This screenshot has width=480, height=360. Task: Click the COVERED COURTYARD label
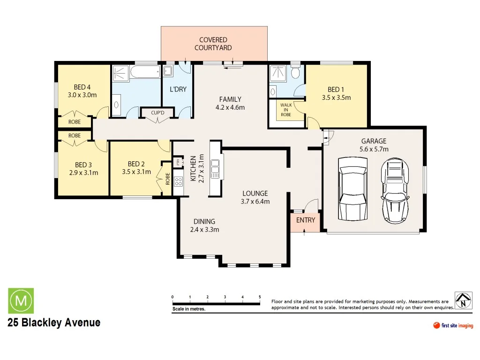point(213,44)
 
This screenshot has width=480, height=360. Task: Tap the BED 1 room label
point(336,90)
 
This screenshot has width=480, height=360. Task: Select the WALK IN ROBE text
point(286,110)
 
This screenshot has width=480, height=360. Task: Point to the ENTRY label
point(306,220)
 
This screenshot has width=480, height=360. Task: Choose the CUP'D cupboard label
point(158,113)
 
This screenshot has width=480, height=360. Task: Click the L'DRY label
point(178,89)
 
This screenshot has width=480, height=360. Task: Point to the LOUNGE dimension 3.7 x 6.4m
point(255,202)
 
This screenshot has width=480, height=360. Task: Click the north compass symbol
point(463,300)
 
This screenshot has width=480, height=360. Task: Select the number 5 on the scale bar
point(260,297)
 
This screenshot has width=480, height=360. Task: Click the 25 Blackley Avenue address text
point(54,323)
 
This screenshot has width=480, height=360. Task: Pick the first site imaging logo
point(453,326)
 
